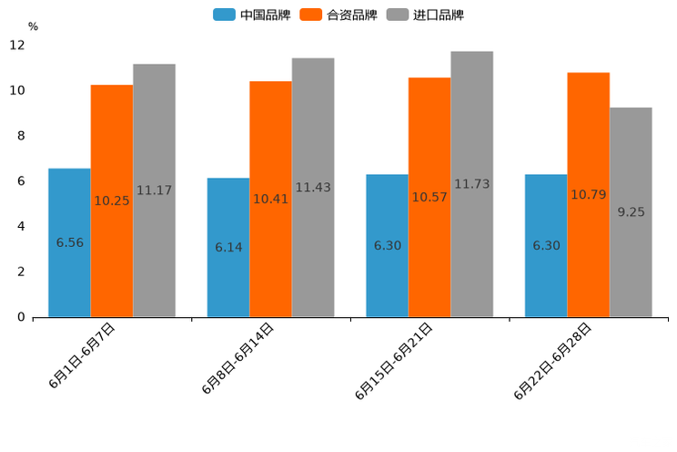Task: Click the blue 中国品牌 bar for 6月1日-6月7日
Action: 69,242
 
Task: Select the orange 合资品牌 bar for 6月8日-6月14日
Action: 270,199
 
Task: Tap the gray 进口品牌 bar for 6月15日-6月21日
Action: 471,184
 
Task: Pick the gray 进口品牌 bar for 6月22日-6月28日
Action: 631,212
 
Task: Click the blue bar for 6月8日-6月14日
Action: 228,247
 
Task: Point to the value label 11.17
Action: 154,190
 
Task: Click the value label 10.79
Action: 588,194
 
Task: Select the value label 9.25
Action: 631,212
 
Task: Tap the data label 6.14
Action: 228,247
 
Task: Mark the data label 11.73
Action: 471,184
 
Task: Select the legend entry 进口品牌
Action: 426,15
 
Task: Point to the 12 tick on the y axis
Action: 17,46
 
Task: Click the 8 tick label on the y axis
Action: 21,136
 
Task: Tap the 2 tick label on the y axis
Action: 21,272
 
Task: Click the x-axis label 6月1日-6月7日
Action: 83,355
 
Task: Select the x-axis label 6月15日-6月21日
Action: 394,361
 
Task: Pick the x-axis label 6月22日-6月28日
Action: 553,361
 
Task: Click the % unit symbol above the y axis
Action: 33,26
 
